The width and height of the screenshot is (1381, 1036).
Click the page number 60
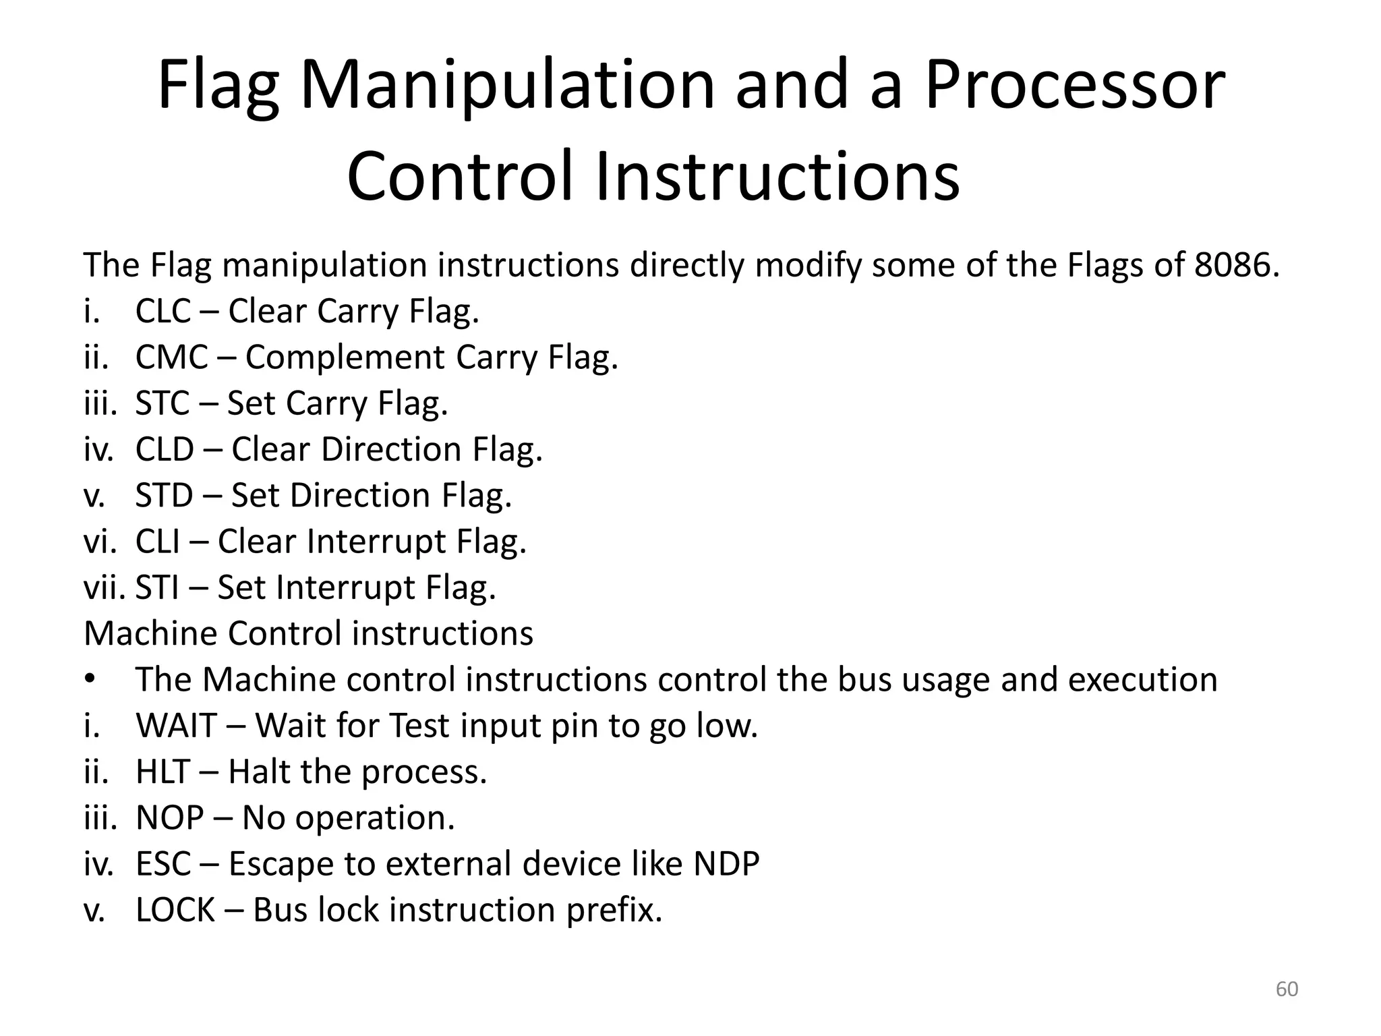(1287, 989)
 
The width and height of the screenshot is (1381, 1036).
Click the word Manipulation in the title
(506, 86)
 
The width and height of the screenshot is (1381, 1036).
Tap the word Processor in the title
(1074, 86)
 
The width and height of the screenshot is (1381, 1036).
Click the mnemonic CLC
(163, 312)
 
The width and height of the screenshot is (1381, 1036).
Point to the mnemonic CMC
(171, 357)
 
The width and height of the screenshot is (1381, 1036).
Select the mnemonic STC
(163, 403)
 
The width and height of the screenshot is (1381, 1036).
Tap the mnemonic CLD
(165, 449)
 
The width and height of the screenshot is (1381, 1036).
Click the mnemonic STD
(164, 496)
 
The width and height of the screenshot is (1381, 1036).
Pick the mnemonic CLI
(158, 542)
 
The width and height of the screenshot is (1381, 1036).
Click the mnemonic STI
(157, 587)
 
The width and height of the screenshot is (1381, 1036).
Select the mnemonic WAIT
(175, 726)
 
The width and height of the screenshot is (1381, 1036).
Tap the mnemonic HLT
(163, 772)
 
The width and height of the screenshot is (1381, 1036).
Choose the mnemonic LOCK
(175, 910)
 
